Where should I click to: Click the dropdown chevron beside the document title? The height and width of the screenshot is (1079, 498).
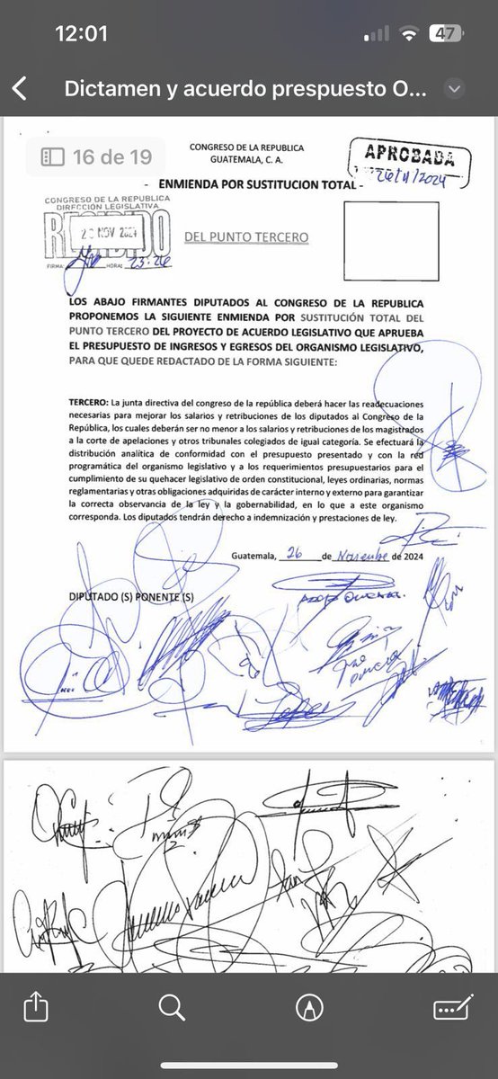tap(455, 89)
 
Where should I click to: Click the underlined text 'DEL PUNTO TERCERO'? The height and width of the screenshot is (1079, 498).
tap(245, 237)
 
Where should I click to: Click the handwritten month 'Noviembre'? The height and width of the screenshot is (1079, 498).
tap(363, 556)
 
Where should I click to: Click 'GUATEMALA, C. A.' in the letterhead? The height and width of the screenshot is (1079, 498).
tap(246, 162)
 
